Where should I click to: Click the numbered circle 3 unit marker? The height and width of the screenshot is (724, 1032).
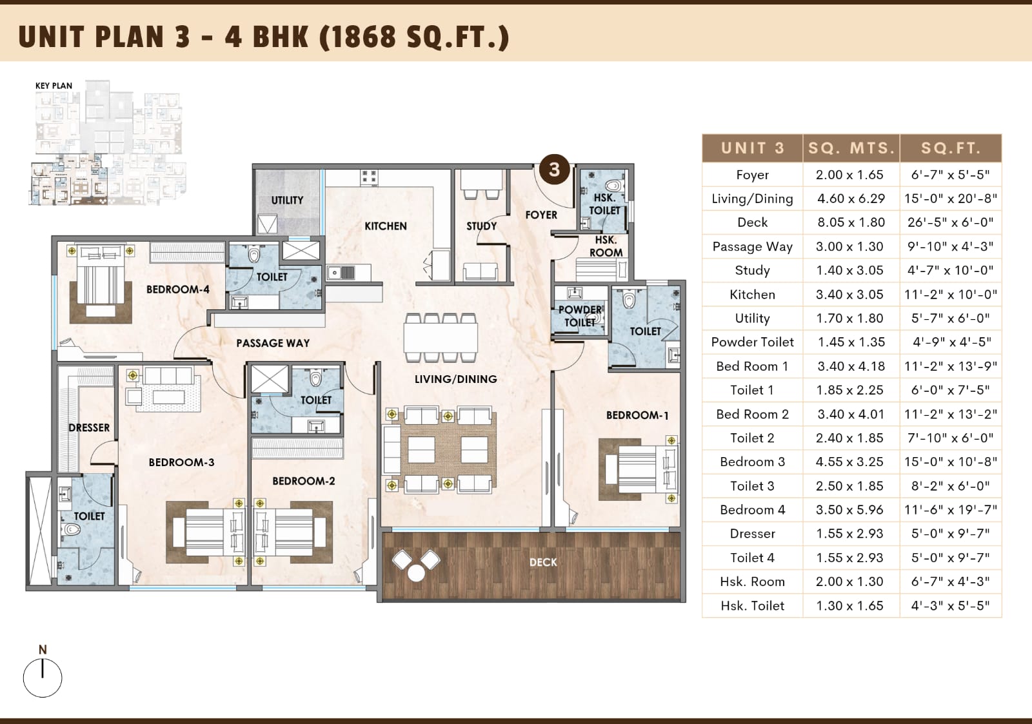coord(554,170)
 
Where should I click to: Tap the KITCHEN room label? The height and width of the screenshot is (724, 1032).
coord(386,226)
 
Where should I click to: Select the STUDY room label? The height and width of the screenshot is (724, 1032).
coord(481,226)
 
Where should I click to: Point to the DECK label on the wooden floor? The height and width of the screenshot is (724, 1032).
coord(543,562)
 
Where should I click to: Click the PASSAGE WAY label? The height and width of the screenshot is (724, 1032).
coord(273,343)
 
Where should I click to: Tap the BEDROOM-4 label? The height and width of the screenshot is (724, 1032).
coord(178,289)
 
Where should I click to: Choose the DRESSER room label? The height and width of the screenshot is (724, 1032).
coord(89,428)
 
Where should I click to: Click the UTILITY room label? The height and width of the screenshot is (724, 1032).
coord(287,201)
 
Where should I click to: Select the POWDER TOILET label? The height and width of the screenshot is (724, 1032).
coord(580,316)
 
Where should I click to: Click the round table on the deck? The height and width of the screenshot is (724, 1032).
coord(416,573)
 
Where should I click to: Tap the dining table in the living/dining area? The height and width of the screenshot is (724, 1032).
coord(441,338)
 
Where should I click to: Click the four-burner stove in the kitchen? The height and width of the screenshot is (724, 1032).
coord(369,177)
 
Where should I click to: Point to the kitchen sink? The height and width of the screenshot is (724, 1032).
coord(341,273)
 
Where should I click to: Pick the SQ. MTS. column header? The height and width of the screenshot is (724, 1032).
coord(851,148)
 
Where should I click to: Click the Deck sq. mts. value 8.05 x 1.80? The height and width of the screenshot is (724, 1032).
coord(851,222)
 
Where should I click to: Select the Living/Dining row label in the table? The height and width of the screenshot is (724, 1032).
coord(752,199)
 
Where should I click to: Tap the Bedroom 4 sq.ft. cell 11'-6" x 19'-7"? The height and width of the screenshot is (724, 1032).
coord(951,510)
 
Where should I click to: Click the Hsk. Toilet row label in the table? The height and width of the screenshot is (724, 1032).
coord(752,605)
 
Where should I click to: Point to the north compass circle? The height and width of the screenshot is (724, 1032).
coord(43,678)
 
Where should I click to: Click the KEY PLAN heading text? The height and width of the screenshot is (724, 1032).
coord(54,86)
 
